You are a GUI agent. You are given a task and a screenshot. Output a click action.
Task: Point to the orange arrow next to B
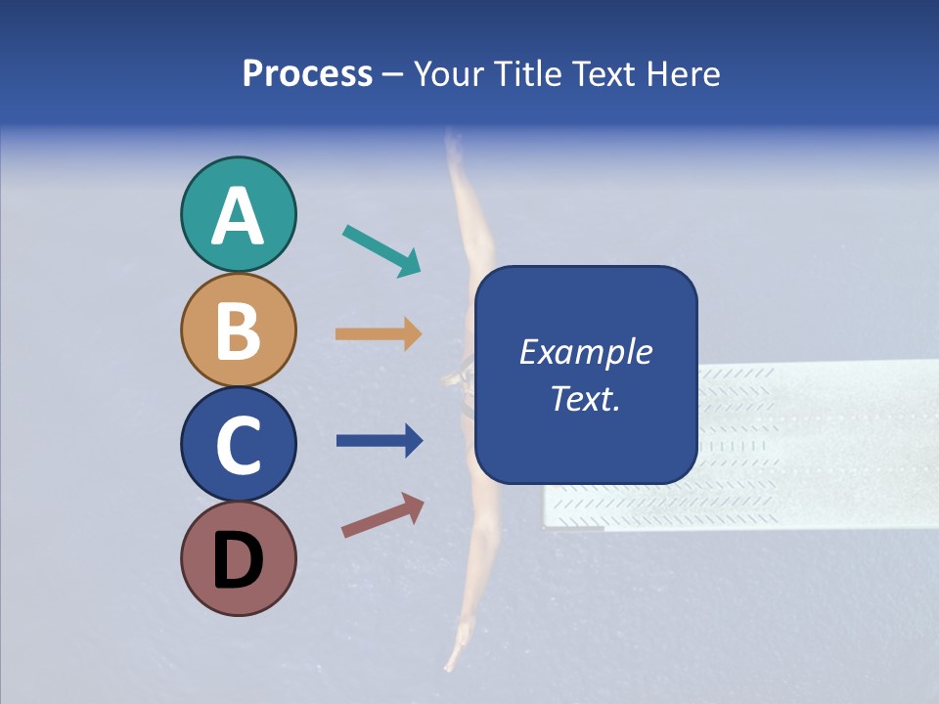tap(379, 334)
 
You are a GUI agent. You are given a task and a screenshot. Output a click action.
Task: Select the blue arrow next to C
tap(379, 441)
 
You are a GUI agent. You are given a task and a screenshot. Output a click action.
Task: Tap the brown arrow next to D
tap(382, 516)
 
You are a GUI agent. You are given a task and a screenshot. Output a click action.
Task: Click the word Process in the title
tap(307, 73)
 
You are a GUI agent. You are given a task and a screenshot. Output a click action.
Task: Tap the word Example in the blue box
tap(585, 352)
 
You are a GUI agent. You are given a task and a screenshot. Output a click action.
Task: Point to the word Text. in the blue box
tap(585, 399)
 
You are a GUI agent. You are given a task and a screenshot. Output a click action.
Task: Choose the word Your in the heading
tap(448, 73)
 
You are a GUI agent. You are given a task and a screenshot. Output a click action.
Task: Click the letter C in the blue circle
tap(238, 446)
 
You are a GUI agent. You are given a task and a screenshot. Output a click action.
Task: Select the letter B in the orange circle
tap(238, 330)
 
